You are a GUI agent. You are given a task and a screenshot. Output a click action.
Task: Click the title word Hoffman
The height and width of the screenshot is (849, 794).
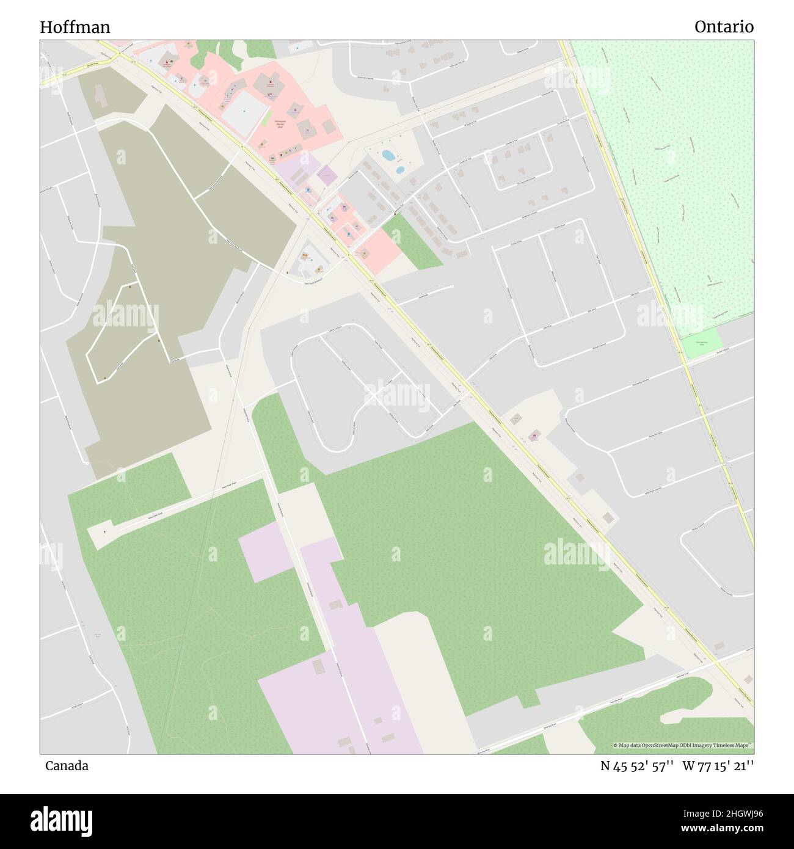[x=75, y=27]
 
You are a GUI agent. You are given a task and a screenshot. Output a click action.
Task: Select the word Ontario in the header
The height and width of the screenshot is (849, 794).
[x=724, y=27]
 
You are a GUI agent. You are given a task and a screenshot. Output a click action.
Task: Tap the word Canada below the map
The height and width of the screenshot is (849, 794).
[x=66, y=766]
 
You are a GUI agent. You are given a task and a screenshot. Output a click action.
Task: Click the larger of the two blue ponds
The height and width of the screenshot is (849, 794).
[x=388, y=155]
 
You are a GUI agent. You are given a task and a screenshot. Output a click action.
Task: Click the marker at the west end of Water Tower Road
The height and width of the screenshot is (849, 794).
[x=106, y=531]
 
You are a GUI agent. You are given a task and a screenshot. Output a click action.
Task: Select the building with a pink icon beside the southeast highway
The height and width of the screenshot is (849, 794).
[x=534, y=436]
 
